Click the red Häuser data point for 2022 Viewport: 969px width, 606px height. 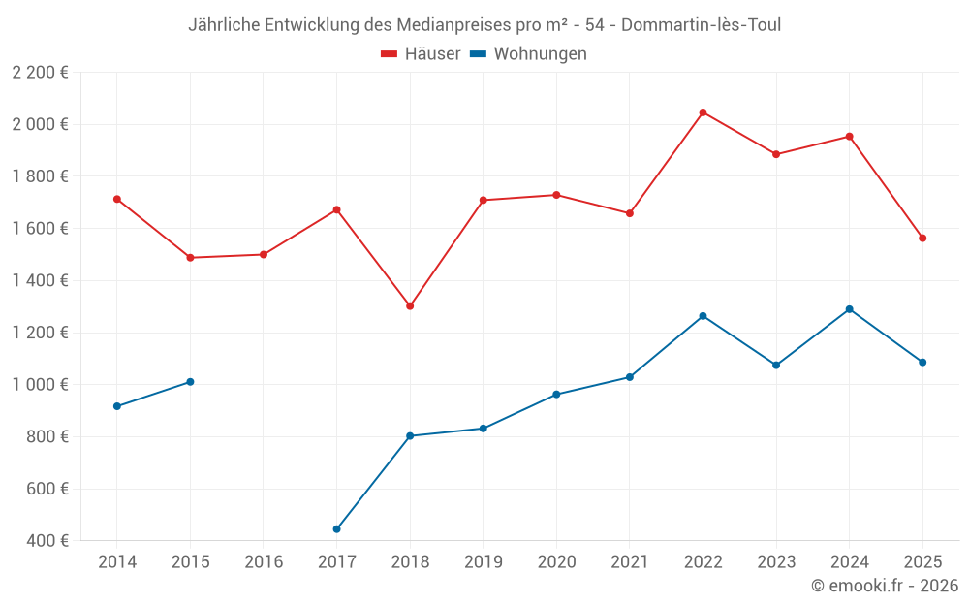click(703, 112)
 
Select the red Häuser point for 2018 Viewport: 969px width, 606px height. click(410, 306)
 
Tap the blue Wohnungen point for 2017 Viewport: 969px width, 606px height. click(337, 529)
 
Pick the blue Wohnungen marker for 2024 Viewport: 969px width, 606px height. click(849, 309)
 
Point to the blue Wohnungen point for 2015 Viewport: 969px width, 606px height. click(190, 382)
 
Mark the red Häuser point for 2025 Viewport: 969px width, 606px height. click(922, 239)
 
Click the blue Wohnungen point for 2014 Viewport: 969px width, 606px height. click(117, 406)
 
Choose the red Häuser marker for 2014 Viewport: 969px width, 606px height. click(117, 199)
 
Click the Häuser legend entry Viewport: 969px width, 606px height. click(421, 53)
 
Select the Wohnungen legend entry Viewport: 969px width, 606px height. click(528, 53)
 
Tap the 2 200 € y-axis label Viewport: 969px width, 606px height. click(40, 73)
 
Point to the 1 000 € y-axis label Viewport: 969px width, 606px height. click(40, 385)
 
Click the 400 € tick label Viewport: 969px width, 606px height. click(47, 540)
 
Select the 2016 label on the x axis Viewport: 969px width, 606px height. click(264, 561)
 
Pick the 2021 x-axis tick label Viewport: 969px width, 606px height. click(630, 561)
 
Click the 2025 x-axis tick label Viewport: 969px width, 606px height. click(922, 561)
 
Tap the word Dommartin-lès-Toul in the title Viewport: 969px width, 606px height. click(701, 25)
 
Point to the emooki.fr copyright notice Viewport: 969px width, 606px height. click(885, 585)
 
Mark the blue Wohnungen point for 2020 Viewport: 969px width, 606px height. click(556, 395)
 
